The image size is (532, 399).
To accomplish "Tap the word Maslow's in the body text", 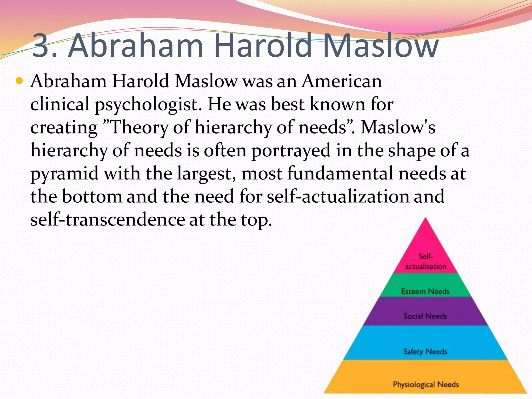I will (x=398, y=127).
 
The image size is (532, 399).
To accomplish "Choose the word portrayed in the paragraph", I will (x=291, y=151).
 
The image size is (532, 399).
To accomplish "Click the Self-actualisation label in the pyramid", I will (x=425, y=261).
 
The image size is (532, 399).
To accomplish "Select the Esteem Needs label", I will (x=425, y=291).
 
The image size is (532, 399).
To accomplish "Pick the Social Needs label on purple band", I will (x=425, y=316).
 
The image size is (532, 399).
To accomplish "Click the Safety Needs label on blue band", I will (x=425, y=351).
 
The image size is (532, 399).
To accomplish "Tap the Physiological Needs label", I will (x=426, y=384).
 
